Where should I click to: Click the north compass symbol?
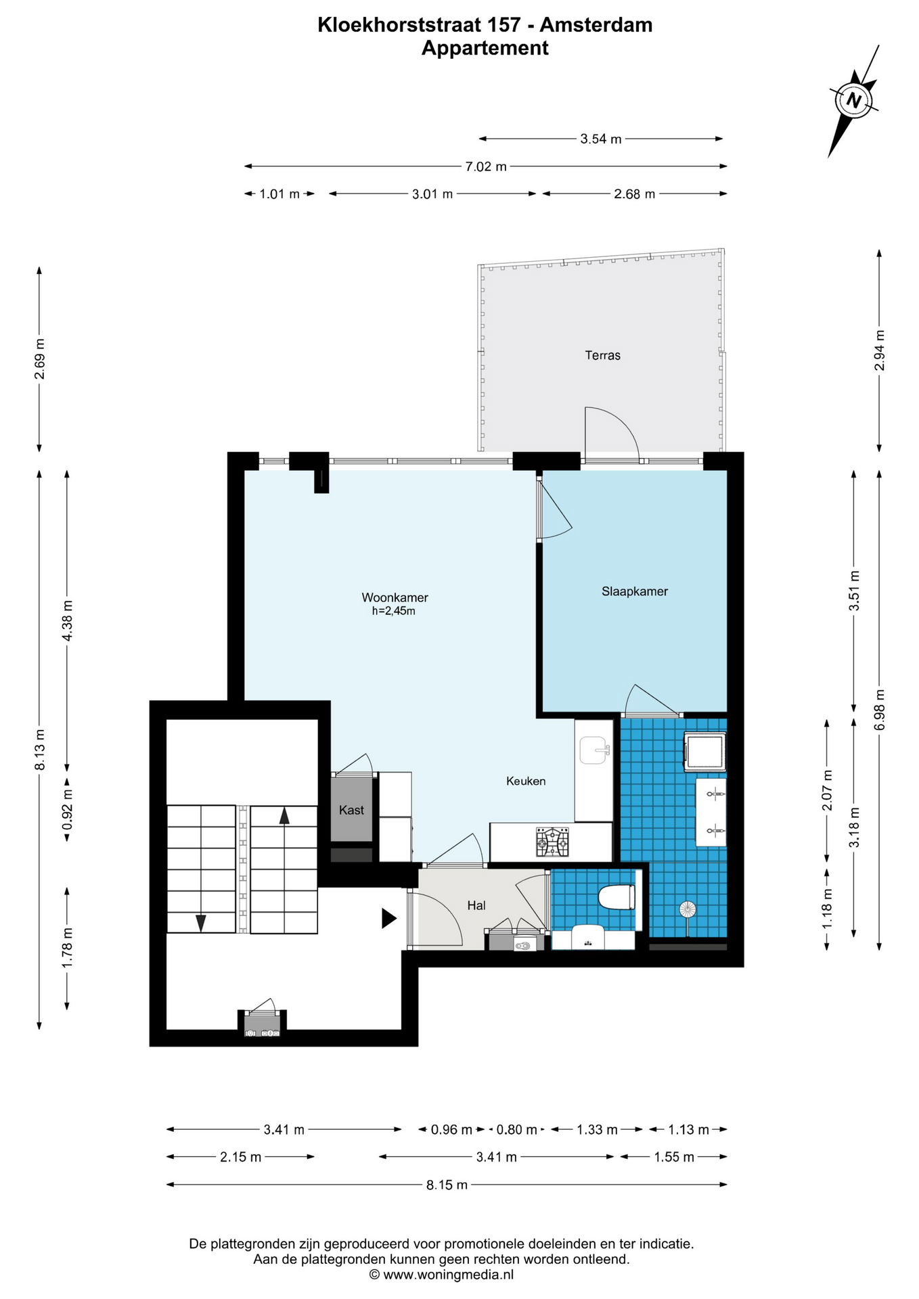[x=854, y=101]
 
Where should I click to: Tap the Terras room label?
[x=602, y=355]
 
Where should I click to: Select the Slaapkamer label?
[x=635, y=591]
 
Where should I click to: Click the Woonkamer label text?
[x=395, y=597]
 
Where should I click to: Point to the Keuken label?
[x=526, y=781]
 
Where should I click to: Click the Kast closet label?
[x=351, y=810]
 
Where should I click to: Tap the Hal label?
[x=476, y=905]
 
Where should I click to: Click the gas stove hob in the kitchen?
[x=552, y=842]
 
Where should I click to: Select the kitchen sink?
[x=594, y=750]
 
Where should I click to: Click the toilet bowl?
[x=617, y=897]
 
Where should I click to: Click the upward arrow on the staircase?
[x=284, y=816]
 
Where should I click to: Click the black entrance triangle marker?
[x=389, y=918]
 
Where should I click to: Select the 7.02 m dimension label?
[x=486, y=166]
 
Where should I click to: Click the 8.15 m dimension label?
[x=447, y=1185]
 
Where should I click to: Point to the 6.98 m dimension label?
[x=880, y=710]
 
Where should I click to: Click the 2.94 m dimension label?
[x=880, y=350]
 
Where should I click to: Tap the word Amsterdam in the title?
[x=596, y=25]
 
